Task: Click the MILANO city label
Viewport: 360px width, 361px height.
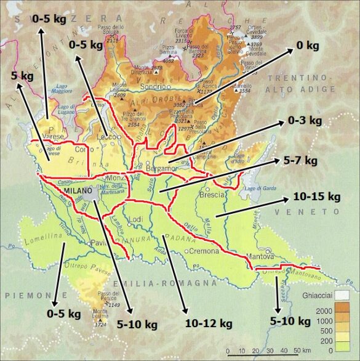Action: [x=76, y=191]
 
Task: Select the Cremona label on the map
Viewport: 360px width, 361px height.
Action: [x=203, y=251]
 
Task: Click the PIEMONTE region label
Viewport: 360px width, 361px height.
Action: [x=19, y=285]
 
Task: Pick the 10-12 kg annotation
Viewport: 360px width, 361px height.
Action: [x=208, y=323]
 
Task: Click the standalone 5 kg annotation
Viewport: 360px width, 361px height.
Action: [x=22, y=76]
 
